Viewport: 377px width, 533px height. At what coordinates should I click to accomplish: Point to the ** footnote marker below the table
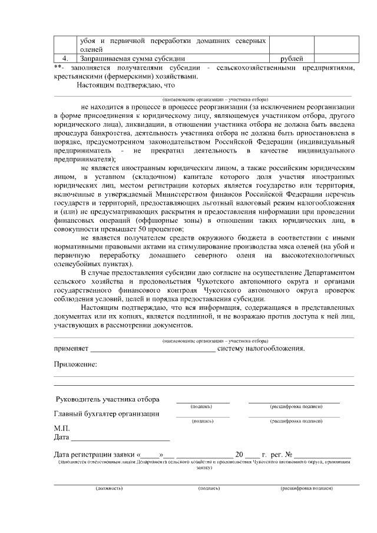tap(57, 67)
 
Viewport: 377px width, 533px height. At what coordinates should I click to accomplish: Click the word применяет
tap(71, 348)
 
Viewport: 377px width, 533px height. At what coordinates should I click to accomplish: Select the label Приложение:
tap(75, 365)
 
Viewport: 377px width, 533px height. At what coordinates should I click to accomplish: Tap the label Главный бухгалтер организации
tap(107, 413)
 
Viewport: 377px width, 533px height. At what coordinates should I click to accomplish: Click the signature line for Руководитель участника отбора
tap(203, 400)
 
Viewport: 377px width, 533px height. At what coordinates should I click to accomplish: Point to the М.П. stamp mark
tap(62, 428)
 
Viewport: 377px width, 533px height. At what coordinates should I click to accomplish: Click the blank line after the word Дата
tap(120, 439)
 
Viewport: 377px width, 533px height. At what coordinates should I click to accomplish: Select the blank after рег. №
tap(323, 455)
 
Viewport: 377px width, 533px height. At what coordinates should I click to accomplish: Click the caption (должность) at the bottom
tap(109, 488)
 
